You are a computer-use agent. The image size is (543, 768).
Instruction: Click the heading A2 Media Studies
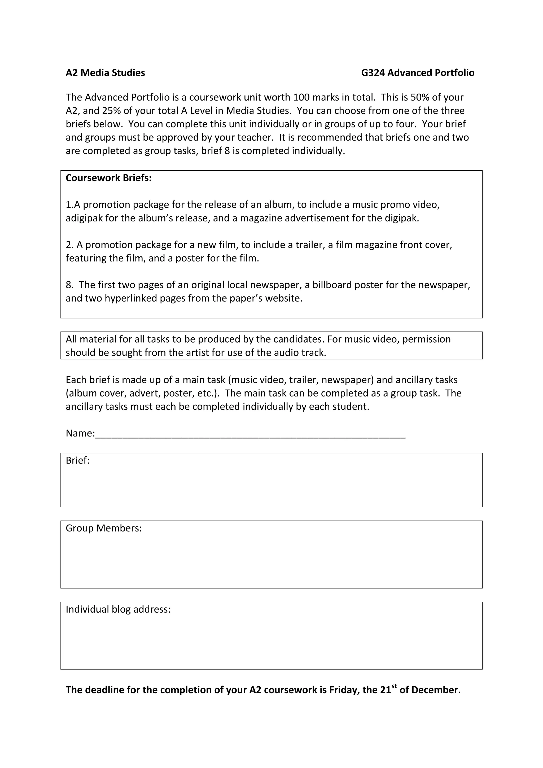pos(105,73)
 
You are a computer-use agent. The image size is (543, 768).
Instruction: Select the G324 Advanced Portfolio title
pos(417,73)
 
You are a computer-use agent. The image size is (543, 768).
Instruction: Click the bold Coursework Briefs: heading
pos(108,178)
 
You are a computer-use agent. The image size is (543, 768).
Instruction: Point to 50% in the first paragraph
pos(419,97)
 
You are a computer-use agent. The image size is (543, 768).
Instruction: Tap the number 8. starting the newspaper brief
pos(69,285)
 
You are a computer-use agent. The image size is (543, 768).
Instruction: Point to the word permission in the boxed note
pos(426,339)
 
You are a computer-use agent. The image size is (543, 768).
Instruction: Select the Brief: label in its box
pos(78,461)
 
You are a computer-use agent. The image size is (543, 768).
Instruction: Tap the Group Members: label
pos(104,528)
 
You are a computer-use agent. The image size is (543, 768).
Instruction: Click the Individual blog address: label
pos(118,609)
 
